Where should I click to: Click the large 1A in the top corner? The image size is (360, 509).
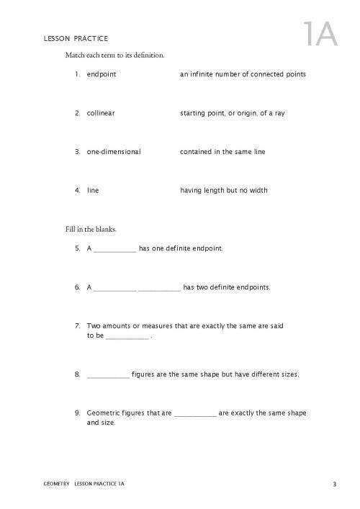tap(320, 34)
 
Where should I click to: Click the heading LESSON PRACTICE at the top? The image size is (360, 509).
tap(76, 38)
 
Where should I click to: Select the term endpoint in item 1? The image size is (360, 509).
tap(101, 74)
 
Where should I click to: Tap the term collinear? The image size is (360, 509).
tap(101, 113)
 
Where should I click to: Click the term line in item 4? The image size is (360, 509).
tap(93, 191)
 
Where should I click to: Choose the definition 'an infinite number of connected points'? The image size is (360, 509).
tap(243, 74)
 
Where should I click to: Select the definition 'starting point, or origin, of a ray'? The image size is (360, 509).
tap(232, 113)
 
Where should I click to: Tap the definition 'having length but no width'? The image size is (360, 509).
tap(223, 191)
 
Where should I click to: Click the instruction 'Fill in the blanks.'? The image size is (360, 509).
tap(91, 230)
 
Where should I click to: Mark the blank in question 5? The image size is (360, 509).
tap(114, 251)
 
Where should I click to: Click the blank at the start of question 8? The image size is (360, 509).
tap(108, 376)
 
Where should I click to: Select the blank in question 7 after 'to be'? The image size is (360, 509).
tap(127, 338)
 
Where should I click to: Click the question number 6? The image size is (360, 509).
tap(76, 287)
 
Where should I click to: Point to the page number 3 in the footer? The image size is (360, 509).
tap(335, 483)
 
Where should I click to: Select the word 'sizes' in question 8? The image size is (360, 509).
tap(289, 374)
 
